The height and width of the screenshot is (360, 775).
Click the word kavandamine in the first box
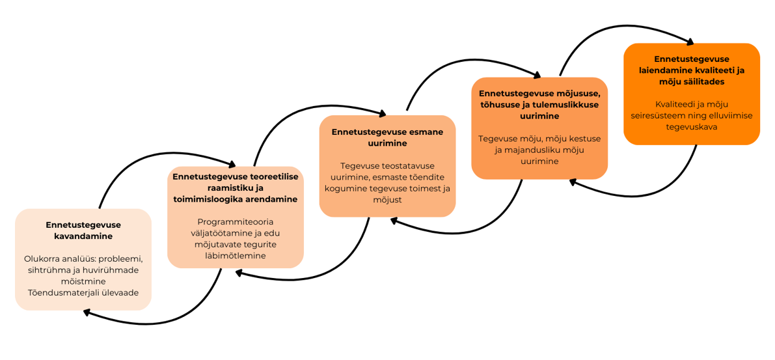83,236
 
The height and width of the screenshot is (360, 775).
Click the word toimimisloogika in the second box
207,199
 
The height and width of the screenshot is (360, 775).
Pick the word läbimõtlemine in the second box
236,256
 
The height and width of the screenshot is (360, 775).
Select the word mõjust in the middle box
388,200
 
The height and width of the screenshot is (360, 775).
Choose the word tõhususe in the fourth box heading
502,105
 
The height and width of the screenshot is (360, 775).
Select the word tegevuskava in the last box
691,126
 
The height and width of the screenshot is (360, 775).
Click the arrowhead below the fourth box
573,181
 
